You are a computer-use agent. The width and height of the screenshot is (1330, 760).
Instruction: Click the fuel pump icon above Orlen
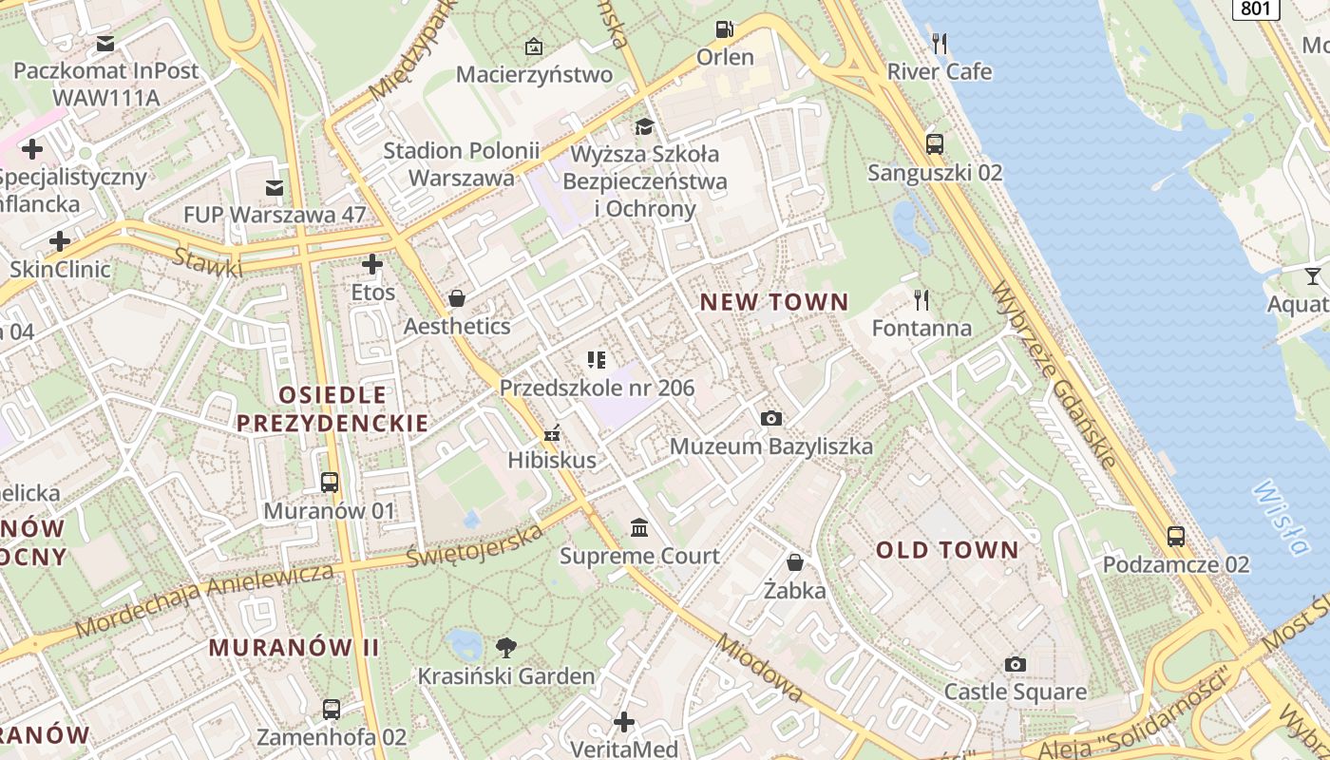(725, 29)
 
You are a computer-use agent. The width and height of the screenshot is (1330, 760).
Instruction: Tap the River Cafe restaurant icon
(940, 44)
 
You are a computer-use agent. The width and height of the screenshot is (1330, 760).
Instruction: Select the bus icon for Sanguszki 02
(935, 144)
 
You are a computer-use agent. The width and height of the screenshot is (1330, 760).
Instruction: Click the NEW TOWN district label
(774, 302)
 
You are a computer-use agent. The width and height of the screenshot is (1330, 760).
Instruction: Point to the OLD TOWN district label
(947, 550)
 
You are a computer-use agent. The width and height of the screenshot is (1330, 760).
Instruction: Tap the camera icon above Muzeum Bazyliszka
(771, 418)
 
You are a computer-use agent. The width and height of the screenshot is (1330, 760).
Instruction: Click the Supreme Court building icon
(639, 527)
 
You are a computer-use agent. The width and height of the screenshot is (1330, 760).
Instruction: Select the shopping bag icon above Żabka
(795, 562)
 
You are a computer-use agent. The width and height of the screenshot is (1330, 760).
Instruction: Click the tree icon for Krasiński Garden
(506, 648)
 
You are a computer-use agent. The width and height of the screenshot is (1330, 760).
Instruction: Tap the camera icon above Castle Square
(1016, 664)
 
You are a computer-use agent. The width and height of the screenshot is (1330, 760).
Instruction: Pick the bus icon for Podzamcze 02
(1176, 536)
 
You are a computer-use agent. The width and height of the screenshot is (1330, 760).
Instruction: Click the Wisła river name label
(1280, 518)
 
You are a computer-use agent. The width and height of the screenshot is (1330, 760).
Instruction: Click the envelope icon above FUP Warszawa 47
(275, 187)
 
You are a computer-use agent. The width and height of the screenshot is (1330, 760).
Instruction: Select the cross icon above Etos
(372, 264)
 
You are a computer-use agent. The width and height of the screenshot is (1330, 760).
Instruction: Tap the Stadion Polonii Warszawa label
(462, 164)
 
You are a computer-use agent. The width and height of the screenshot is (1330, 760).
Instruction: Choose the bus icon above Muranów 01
(330, 483)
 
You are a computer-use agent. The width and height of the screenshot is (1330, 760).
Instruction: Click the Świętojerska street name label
(475, 546)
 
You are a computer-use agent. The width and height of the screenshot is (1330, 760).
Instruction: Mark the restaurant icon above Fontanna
(921, 300)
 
